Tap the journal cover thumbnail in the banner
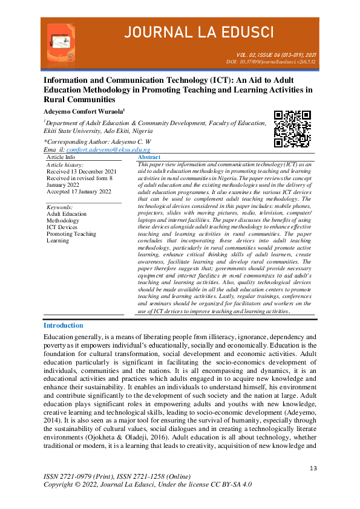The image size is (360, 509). [61, 44]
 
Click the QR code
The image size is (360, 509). [292, 129]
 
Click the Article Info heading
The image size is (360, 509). [61, 157]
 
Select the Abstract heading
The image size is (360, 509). [149, 157]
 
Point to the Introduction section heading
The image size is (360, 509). [63, 325]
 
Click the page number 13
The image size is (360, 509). [313, 468]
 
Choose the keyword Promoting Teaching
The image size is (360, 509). [71, 234]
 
